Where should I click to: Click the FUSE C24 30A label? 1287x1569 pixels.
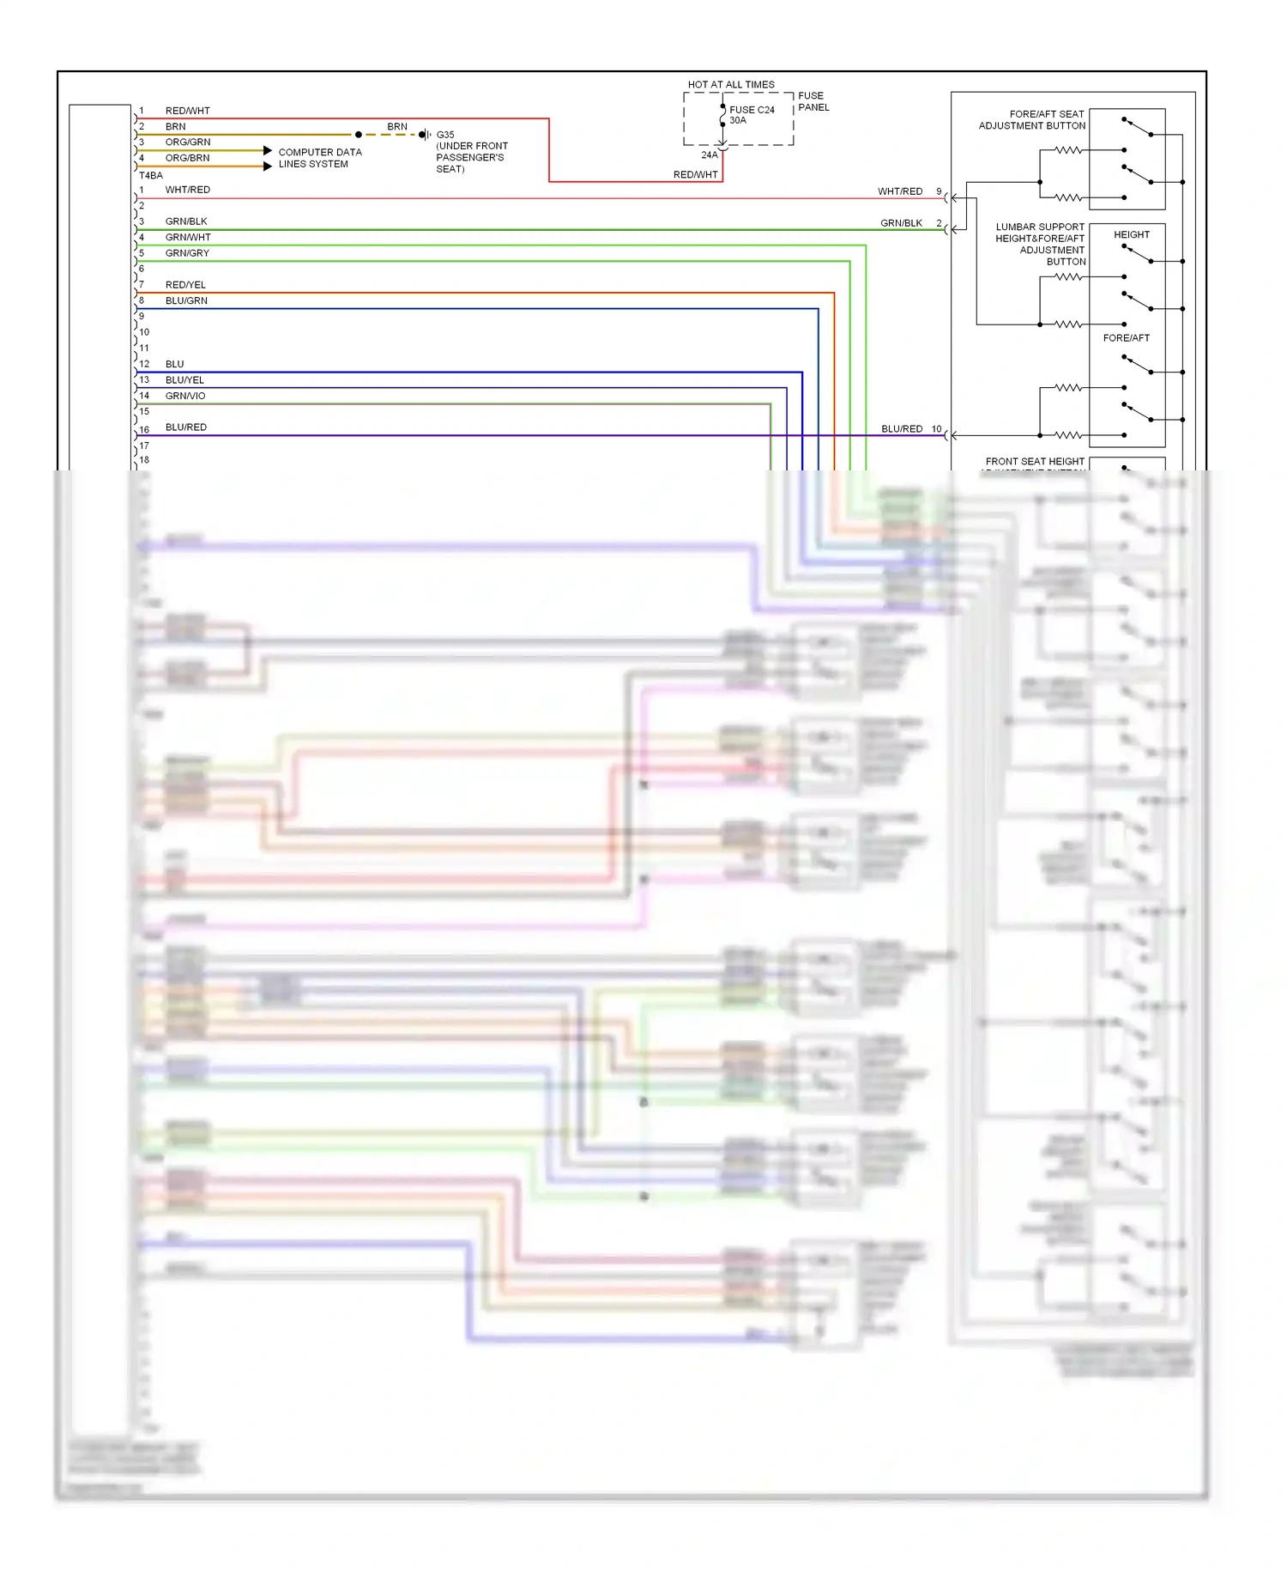coord(751,114)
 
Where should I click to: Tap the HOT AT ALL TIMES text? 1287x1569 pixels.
coord(730,84)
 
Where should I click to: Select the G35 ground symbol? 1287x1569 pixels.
coord(424,135)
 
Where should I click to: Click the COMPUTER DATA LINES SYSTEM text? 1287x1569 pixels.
coord(319,158)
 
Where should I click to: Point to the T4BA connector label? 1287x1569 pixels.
coord(151,175)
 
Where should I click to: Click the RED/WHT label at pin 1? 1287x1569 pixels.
coord(187,111)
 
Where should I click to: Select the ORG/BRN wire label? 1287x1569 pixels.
coord(187,158)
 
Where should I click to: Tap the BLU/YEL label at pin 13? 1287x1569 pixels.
coord(184,380)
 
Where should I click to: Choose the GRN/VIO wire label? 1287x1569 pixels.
coord(185,396)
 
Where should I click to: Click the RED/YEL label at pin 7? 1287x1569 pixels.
coord(185,285)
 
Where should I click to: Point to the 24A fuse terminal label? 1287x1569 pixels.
coord(709,155)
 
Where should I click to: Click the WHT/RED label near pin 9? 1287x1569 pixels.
coord(899,191)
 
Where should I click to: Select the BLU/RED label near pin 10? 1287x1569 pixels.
coord(902,429)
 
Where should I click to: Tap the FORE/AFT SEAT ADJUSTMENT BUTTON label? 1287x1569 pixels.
coord(1032,119)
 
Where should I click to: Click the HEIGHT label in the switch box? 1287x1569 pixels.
coord(1131,234)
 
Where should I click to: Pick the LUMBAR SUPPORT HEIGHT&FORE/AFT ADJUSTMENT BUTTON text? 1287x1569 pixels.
coord(1040,244)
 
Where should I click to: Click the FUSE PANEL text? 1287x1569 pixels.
coord(813,101)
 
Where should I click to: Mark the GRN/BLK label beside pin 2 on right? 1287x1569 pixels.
coord(901,223)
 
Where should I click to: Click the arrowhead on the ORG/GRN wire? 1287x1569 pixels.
coord(268,150)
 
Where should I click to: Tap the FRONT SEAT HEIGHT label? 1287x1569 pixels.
coord(1034,462)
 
